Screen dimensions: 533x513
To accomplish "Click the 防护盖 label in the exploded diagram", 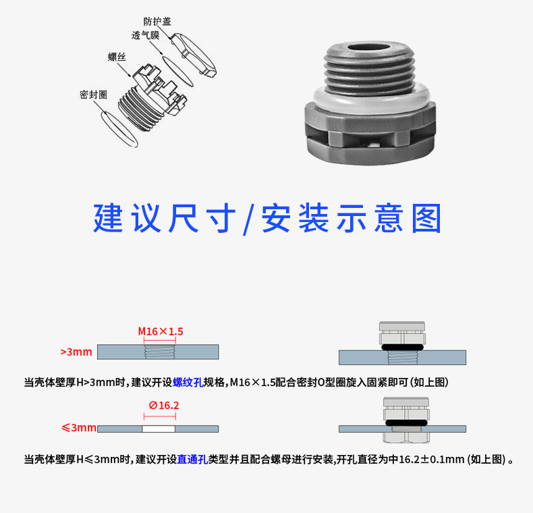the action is [x=157, y=22].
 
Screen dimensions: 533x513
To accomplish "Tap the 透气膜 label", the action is [x=146, y=35].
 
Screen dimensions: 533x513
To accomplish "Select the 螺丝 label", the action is [x=117, y=57].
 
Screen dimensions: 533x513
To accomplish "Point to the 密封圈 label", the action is [x=94, y=94].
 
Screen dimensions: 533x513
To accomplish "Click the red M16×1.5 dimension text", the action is [x=161, y=331].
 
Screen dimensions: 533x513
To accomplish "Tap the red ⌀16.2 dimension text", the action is [x=164, y=406].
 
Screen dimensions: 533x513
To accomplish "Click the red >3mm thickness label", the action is [x=76, y=352].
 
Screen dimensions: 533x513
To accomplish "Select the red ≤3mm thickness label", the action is [x=78, y=428].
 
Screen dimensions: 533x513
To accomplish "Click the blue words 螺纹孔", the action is [x=188, y=382].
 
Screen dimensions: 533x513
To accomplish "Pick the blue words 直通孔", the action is [x=192, y=460].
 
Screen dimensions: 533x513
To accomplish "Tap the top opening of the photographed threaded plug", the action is [x=368, y=48].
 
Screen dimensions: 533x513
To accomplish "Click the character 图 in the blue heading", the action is [x=426, y=219].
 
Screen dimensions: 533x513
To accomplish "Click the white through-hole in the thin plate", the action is [x=159, y=429].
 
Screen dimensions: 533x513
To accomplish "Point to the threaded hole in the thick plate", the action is [x=160, y=352].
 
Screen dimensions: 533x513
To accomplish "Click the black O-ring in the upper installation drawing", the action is [x=403, y=348].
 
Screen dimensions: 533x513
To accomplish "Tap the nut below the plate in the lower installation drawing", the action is [x=406, y=437].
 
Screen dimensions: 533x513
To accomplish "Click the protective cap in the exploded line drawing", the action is [x=193, y=55].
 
